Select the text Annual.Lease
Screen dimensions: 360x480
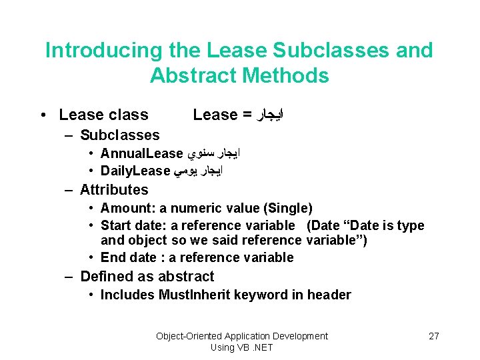click(141, 154)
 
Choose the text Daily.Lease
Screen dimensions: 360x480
click(135, 171)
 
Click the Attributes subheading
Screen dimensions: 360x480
click(114, 190)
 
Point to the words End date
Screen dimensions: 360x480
click(129, 257)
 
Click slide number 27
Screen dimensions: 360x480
click(433, 336)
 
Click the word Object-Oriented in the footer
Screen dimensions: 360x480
click(189, 336)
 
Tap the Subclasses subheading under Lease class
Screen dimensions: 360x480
click(119, 135)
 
